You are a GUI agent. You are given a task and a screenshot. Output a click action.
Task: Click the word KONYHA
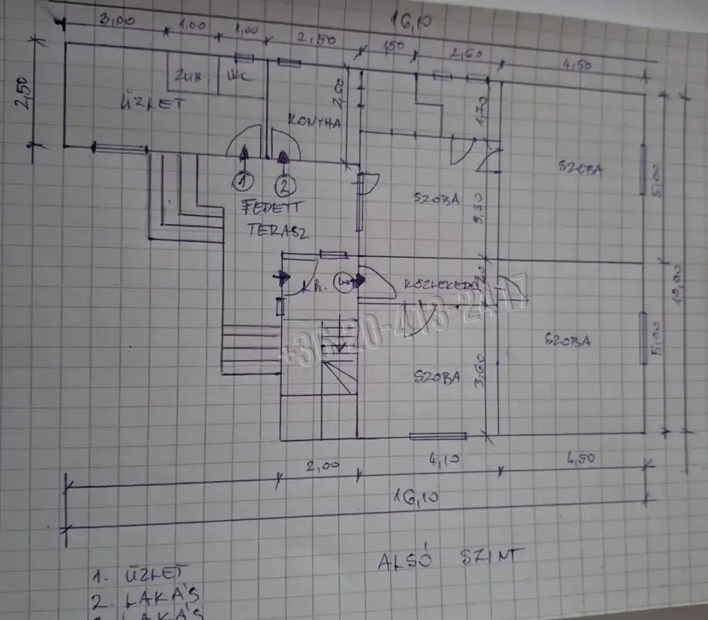tap(315, 122)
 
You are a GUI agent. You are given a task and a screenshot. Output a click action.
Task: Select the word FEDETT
tap(273, 208)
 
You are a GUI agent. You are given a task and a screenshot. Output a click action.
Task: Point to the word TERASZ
tap(278, 230)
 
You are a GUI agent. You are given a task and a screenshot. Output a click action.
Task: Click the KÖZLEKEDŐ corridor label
tap(439, 284)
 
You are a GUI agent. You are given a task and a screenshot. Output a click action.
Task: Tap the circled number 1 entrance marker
tap(243, 182)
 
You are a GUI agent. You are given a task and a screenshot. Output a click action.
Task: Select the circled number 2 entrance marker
tap(285, 186)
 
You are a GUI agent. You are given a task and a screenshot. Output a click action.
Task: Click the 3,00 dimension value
tap(117, 21)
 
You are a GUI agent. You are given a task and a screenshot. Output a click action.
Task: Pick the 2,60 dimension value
tap(462, 53)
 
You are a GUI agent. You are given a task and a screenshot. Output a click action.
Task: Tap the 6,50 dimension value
tap(581, 458)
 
